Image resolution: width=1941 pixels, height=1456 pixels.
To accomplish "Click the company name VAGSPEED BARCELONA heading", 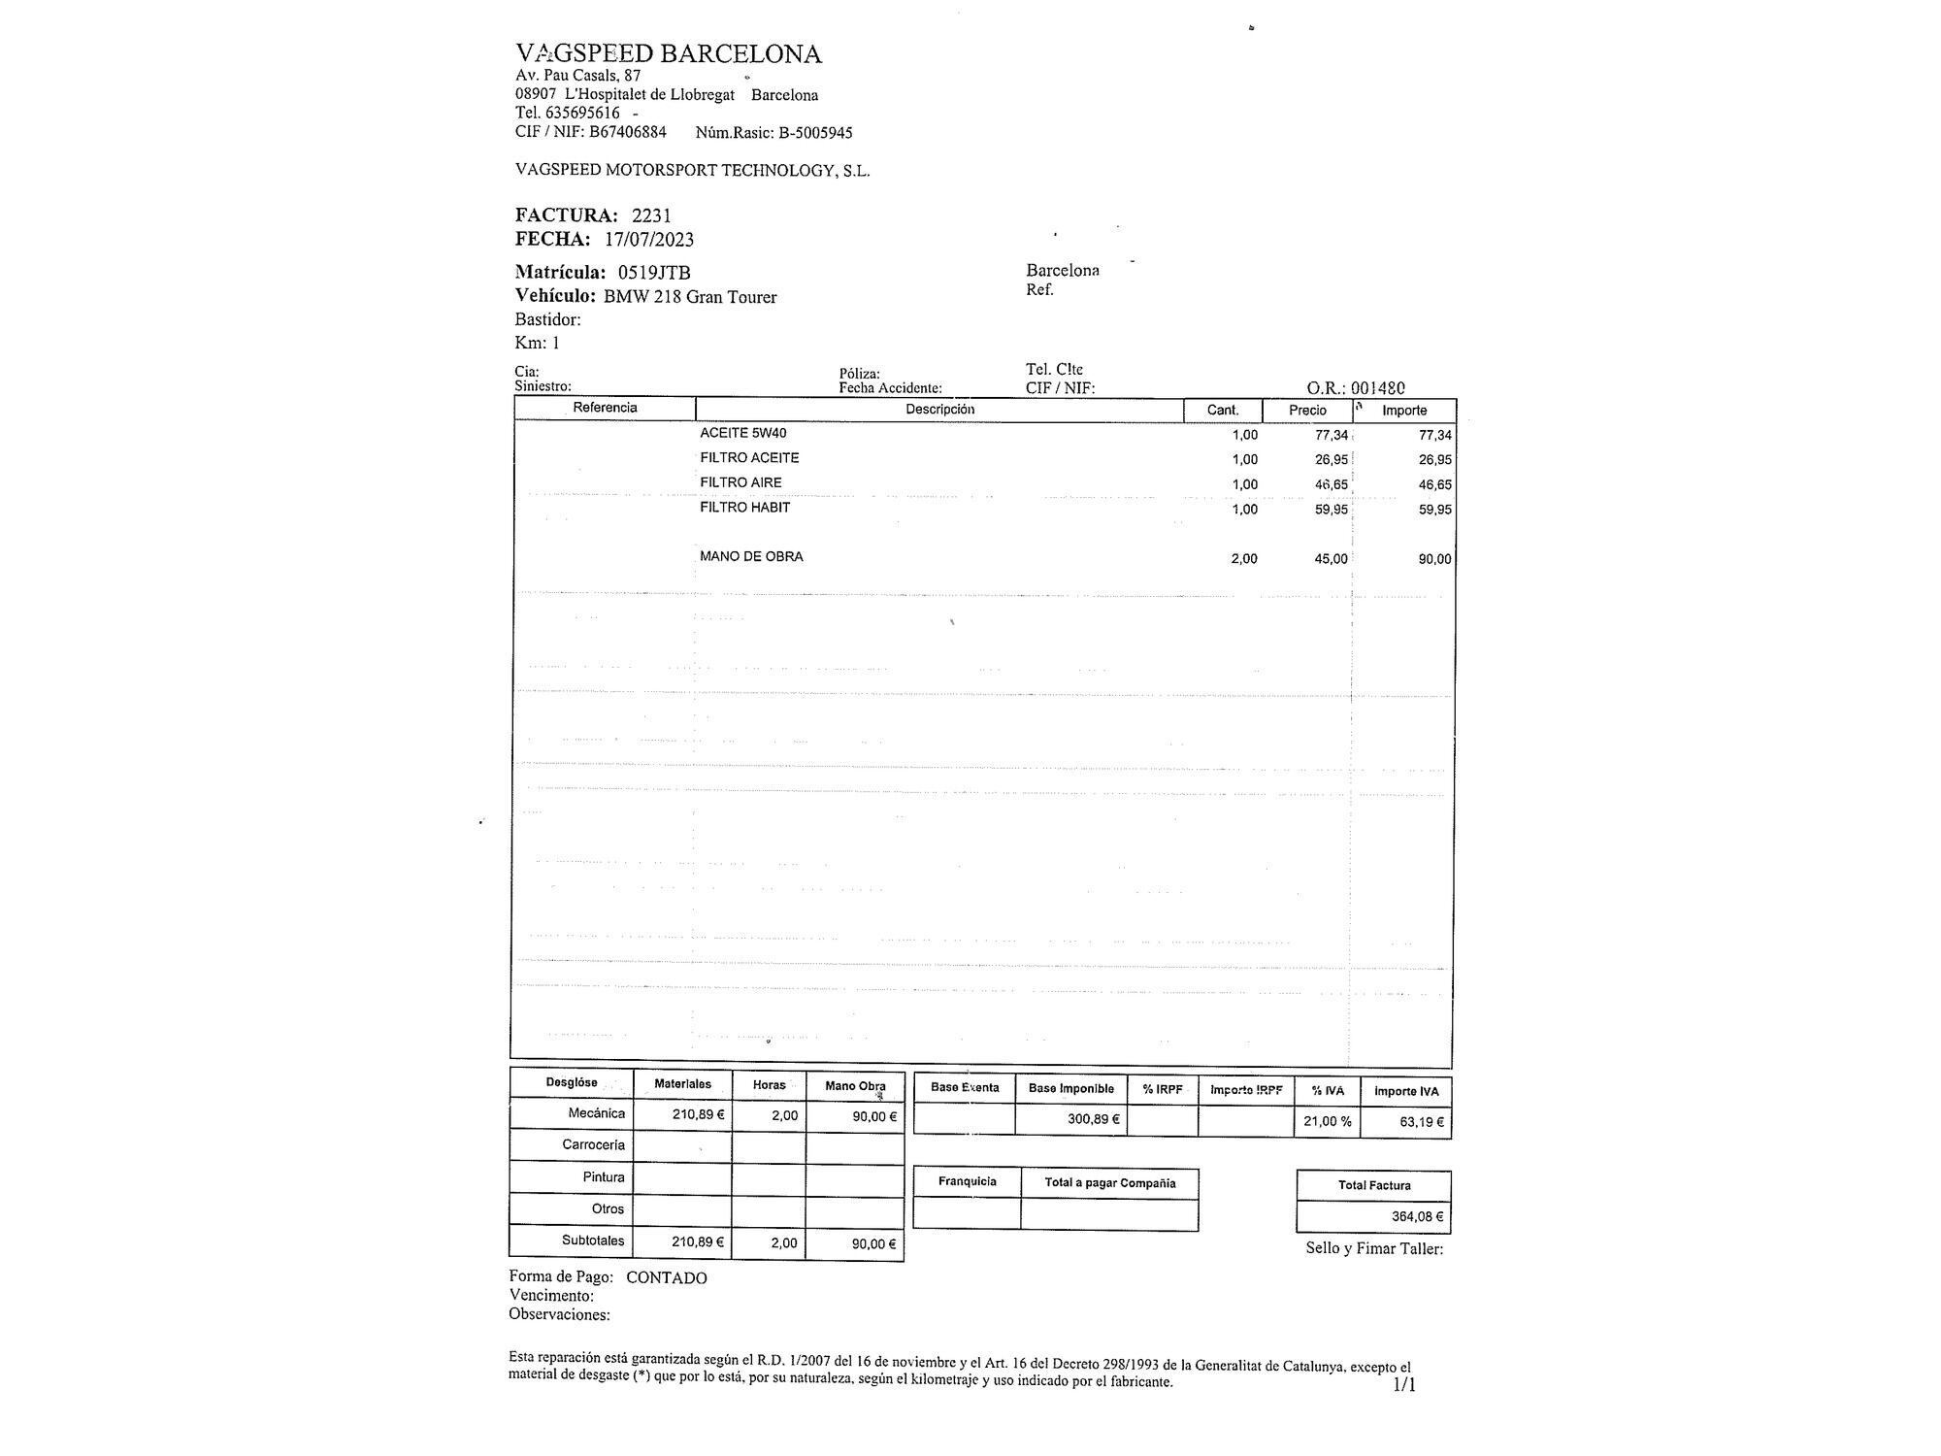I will click(x=668, y=53).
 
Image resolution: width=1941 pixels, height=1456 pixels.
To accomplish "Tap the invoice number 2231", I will click(x=651, y=215).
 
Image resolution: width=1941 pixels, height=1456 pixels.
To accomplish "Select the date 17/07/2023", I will click(x=649, y=240).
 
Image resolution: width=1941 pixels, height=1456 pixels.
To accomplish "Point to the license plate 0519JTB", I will click(x=654, y=273).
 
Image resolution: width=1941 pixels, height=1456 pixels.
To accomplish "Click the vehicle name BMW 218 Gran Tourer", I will click(x=690, y=297).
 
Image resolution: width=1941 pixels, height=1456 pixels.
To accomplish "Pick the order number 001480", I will click(x=1378, y=387).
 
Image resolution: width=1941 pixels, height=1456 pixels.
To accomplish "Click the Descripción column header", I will click(x=939, y=410).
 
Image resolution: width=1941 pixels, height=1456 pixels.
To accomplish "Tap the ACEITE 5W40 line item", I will click(x=743, y=433).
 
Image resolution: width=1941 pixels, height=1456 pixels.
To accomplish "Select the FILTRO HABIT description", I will click(x=745, y=507).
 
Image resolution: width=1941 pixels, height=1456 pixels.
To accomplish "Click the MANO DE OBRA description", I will click(x=751, y=557).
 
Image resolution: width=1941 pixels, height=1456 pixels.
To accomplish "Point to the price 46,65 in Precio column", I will click(x=1331, y=484).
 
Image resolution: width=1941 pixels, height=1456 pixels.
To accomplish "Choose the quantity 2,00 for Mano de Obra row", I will click(x=1244, y=559).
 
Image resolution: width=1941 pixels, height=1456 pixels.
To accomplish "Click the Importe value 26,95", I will click(x=1434, y=460).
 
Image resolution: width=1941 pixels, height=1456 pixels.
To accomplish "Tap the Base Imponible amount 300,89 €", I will click(x=1094, y=1119).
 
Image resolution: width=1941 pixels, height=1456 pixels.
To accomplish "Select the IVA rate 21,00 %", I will click(x=1328, y=1121).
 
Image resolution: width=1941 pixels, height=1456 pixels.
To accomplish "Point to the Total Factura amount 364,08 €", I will click(x=1417, y=1216).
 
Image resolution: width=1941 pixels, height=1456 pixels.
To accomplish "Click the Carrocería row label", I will click(x=593, y=1145).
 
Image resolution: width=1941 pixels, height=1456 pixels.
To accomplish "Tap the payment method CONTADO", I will click(x=666, y=1278).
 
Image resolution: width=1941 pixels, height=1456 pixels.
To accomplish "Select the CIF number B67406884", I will click(x=628, y=132).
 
